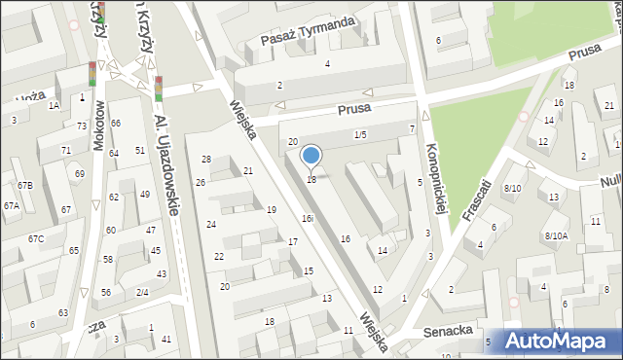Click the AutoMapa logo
pyautogui.click(x=556, y=342)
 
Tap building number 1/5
pyautogui.click(x=360, y=134)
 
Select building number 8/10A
pyautogui.click(x=556, y=235)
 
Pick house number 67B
pyautogui.click(x=24, y=185)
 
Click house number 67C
pyautogui.click(x=36, y=238)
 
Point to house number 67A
pyautogui.click(x=12, y=205)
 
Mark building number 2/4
pyautogui.click(x=142, y=292)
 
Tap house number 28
pyautogui.click(x=206, y=159)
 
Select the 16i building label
pyautogui.click(x=307, y=218)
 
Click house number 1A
pyautogui.click(x=55, y=104)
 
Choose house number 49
pyautogui.click(x=145, y=195)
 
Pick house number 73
pyautogui.click(x=82, y=126)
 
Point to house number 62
pyautogui.click(x=114, y=198)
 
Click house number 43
pyautogui.click(x=162, y=273)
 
